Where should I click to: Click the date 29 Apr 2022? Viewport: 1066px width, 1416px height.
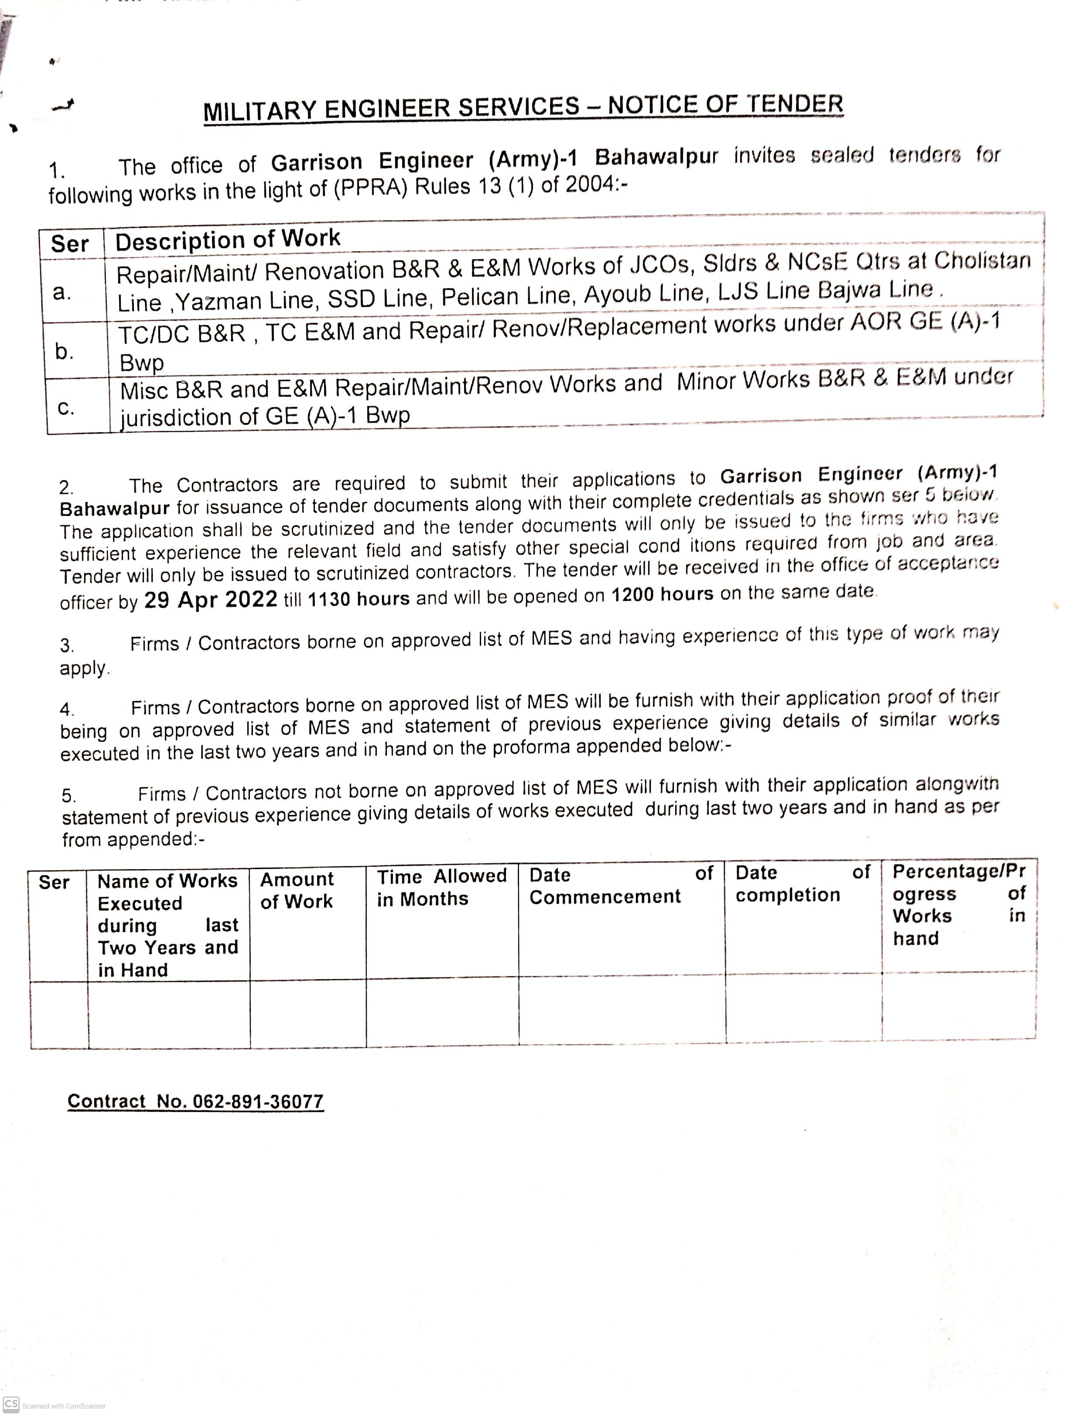point(211,600)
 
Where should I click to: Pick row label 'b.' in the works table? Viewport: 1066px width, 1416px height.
point(64,351)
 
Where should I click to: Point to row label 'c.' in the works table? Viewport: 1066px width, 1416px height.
point(66,407)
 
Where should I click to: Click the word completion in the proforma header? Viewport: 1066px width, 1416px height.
point(787,895)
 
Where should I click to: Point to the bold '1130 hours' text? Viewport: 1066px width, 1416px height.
point(359,598)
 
